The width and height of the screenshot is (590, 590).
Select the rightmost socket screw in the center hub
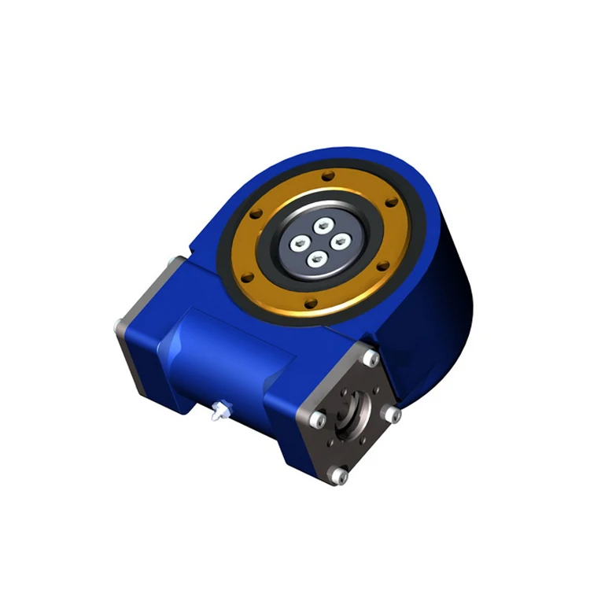[340, 242]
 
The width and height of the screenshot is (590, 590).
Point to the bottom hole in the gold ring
[311, 303]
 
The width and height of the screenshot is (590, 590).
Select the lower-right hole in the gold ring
[383, 268]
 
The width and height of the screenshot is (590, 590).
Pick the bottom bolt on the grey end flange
[338, 475]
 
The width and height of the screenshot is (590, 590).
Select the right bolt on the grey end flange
[393, 414]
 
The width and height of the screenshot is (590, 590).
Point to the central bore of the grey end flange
[353, 418]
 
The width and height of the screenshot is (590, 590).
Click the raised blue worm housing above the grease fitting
[228, 354]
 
